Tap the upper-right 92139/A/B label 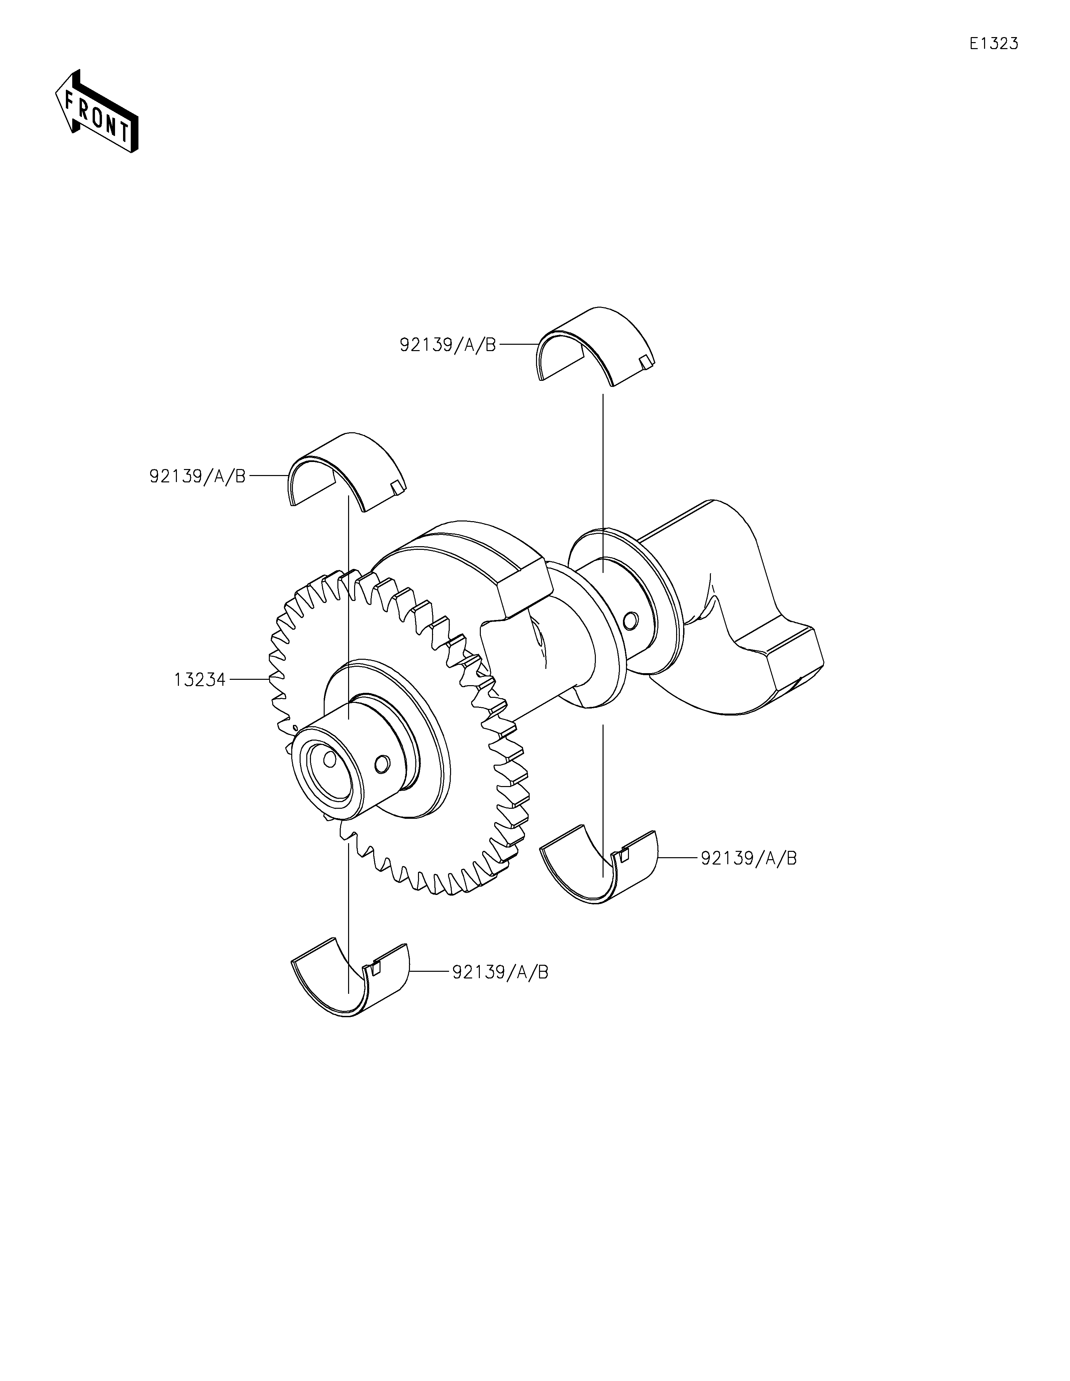[x=447, y=345]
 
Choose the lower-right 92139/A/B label [x=749, y=858]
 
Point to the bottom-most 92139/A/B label [x=500, y=972]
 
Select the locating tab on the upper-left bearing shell [x=397, y=487]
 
